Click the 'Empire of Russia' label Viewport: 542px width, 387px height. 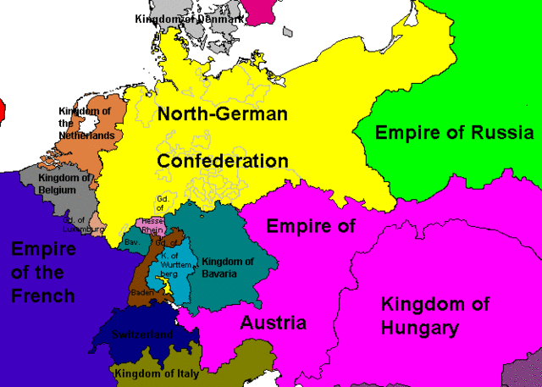pyautogui.click(x=454, y=133)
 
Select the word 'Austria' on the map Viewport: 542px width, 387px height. pyautogui.click(x=273, y=323)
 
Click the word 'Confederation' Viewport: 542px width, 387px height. pyautogui.click(x=222, y=161)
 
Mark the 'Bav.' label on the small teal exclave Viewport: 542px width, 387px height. pyautogui.click(x=132, y=242)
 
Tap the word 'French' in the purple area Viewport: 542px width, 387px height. pyautogui.click(x=41, y=296)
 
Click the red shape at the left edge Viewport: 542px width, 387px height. pyautogui.click(x=3, y=108)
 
